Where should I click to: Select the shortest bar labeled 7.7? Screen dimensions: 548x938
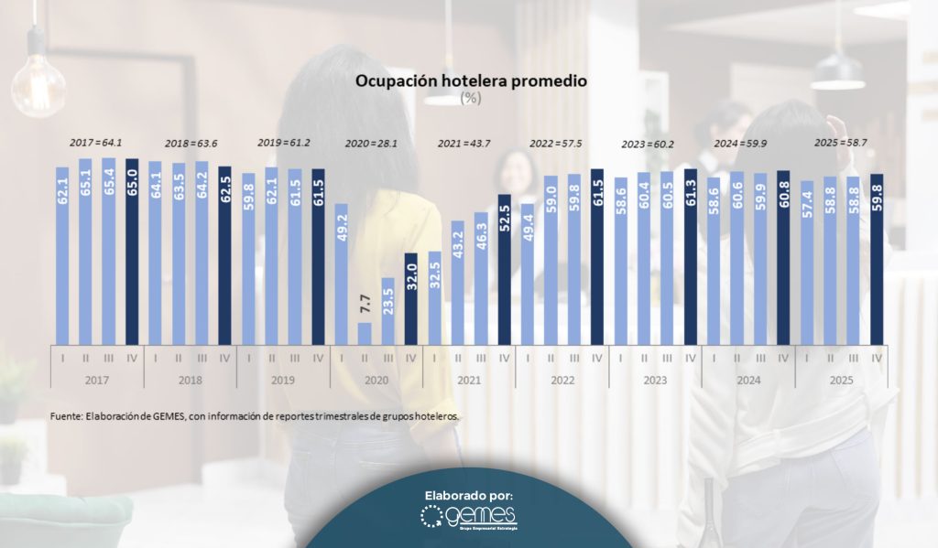coord(365,331)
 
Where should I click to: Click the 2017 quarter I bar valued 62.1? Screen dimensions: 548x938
coord(62,253)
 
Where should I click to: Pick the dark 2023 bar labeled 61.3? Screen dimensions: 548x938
coord(690,254)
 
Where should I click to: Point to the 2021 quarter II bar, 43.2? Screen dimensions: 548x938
coord(457,280)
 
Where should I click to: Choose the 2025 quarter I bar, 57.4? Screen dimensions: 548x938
coord(806,261)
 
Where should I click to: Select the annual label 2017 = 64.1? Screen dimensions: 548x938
coord(97,144)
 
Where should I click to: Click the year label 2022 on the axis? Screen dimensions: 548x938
coord(562,378)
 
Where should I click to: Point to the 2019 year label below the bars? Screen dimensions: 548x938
coord(283,378)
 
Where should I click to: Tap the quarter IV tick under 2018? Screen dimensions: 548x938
coord(224,357)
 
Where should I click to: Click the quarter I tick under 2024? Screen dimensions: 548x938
coord(713,357)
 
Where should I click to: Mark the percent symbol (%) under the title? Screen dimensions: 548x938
coord(470,98)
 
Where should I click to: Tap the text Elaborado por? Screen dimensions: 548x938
coord(468,495)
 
